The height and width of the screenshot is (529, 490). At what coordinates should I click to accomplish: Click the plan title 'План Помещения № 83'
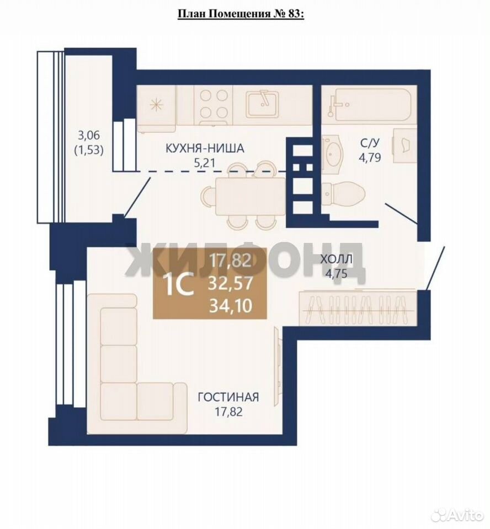(240, 14)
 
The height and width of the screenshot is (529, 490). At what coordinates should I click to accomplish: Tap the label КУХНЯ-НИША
(205, 148)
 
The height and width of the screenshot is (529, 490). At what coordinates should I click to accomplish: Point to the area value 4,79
(370, 157)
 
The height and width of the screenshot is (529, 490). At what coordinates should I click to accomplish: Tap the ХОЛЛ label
(336, 259)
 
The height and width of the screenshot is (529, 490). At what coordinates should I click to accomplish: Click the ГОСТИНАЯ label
(228, 397)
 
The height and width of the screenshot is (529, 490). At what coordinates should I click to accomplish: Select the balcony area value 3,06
(89, 136)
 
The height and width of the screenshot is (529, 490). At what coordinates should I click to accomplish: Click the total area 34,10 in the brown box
(231, 306)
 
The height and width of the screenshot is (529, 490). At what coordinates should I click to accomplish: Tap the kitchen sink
(263, 104)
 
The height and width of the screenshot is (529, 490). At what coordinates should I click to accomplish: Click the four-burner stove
(213, 104)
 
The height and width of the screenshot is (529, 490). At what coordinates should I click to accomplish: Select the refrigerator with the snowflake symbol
(156, 109)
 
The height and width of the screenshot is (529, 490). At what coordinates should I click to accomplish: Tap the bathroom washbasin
(333, 155)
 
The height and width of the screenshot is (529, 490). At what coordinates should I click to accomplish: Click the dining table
(251, 196)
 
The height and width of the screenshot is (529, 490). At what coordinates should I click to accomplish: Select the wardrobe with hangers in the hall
(358, 307)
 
